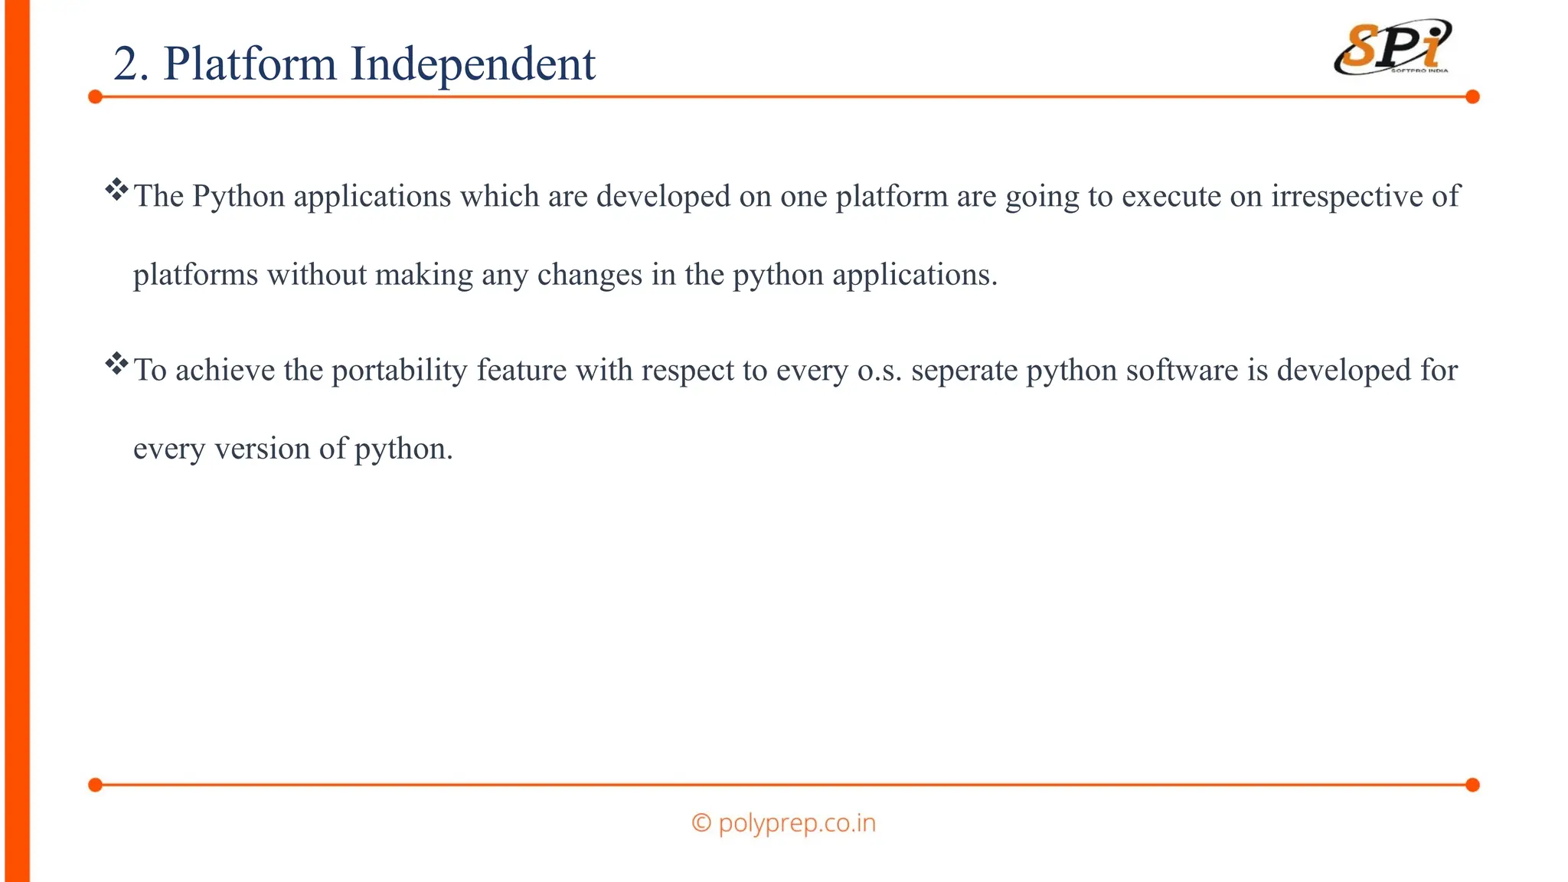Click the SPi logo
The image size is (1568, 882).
[1393, 47]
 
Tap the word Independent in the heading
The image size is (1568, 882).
[472, 64]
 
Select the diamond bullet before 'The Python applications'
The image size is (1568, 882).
[116, 189]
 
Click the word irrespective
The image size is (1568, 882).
[1347, 197]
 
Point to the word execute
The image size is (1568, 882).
[1171, 197]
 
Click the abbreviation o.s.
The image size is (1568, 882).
[880, 371]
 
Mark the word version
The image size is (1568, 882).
[262, 449]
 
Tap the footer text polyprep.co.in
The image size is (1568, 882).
[796, 823]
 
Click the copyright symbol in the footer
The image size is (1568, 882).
[701, 823]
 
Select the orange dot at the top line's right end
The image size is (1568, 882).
[1472, 96]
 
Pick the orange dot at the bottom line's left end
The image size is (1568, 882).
[95, 785]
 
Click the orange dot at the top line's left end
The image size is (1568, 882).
[95, 96]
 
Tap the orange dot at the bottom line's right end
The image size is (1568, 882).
[1472, 785]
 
